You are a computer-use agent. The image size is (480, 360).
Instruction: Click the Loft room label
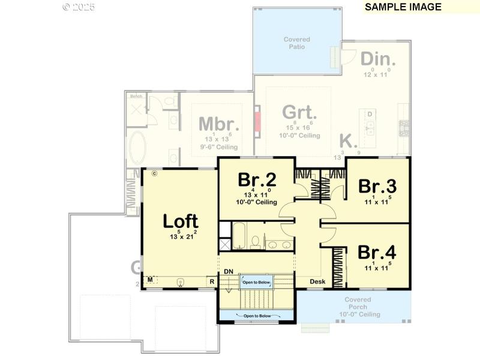181,221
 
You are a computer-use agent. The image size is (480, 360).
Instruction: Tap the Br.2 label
257,179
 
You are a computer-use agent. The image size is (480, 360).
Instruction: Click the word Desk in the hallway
317,281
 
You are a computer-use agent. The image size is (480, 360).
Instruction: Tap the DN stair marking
228,272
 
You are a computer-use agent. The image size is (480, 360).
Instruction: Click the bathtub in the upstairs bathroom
239,236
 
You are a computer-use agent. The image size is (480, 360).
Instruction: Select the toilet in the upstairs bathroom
255,242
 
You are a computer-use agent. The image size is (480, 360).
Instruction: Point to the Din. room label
378,59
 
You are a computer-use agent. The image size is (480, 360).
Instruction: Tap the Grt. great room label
299,112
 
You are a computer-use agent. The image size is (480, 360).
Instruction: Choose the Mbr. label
219,124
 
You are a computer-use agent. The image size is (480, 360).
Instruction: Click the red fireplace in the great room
259,121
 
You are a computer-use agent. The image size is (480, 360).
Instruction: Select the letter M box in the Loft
150,280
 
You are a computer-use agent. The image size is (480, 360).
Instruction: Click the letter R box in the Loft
212,280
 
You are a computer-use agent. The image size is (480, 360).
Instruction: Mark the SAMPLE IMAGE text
403,7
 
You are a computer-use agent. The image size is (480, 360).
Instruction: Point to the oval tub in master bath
138,148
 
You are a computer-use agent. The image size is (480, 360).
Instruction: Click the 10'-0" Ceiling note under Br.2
257,202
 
